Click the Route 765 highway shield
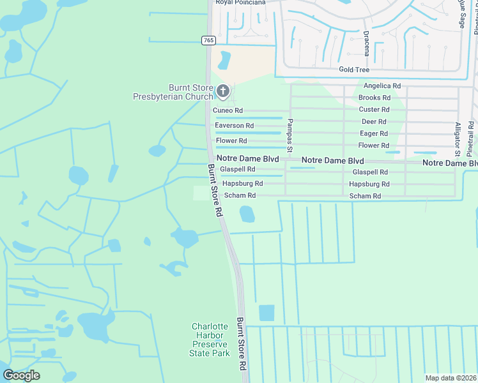point(208,40)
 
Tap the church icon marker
point(222,92)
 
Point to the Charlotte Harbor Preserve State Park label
point(210,340)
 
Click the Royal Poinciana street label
point(240,3)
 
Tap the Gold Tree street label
point(354,69)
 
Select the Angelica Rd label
point(382,86)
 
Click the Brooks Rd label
point(374,98)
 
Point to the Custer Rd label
point(374,110)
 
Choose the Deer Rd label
point(374,121)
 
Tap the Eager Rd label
point(374,133)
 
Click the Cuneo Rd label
point(229,110)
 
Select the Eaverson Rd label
point(234,126)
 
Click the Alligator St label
point(458,139)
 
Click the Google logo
point(21,375)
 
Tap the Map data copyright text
point(451,378)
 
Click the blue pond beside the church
point(224,60)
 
